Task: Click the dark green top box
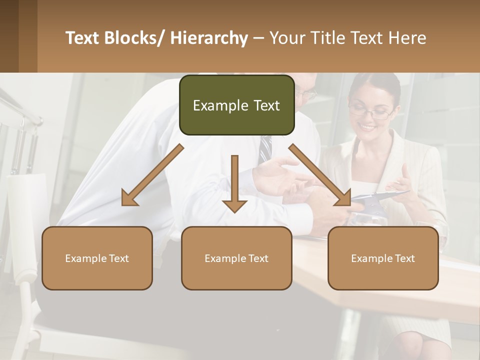click(236, 105)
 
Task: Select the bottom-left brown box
click(97, 258)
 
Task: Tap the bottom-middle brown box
click(236, 258)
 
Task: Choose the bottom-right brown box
click(383, 258)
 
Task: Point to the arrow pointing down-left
click(152, 175)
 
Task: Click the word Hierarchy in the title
click(209, 38)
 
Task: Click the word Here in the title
click(408, 38)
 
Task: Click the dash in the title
click(258, 38)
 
